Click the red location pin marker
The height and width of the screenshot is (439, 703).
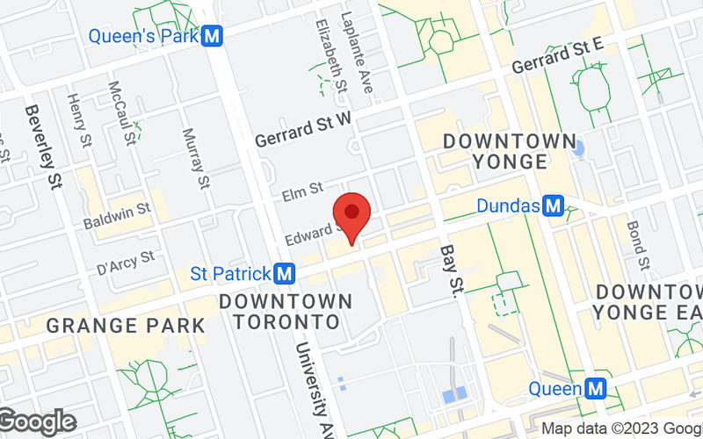click(351, 213)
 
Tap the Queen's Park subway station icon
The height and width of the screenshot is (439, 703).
click(210, 37)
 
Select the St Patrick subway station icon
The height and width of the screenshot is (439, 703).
click(284, 274)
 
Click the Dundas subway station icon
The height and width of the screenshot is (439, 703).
click(553, 206)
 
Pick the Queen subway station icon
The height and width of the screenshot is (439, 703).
click(596, 388)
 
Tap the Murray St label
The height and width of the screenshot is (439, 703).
click(195, 158)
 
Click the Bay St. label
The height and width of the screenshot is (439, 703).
click(451, 271)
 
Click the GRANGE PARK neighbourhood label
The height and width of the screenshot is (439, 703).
click(125, 326)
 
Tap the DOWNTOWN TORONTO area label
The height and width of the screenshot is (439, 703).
click(286, 312)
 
